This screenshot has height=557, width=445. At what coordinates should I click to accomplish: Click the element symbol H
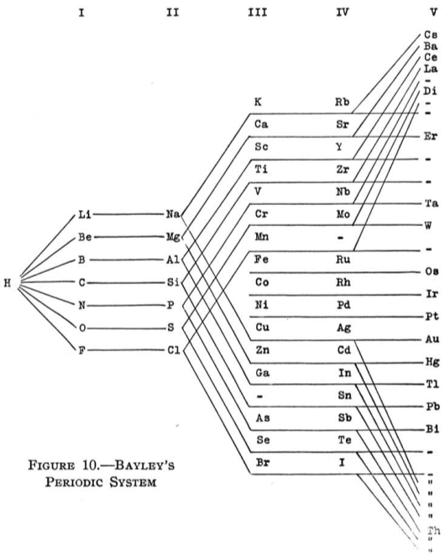tap(8, 283)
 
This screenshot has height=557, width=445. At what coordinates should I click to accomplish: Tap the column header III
tap(258, 13)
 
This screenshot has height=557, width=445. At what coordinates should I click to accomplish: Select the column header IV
tap(343, 13)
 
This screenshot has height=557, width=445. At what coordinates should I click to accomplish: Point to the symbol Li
tap(85, 214)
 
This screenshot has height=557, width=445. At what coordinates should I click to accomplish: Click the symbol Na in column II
tap(173, 214)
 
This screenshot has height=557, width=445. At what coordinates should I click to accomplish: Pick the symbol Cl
tap(174, 350)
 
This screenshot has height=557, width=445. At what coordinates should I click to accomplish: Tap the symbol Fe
tap(261, 260)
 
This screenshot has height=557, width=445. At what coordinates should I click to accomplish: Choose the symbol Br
tap(263, 463)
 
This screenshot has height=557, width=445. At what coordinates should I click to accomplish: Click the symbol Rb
tap(343, 102)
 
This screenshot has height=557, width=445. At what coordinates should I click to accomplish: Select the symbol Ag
tap(343, 328)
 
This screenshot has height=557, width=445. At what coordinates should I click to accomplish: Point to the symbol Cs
tap(431, 34)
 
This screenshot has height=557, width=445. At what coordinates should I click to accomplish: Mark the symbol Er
tap(431, 136)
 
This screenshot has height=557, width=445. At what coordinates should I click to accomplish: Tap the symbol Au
tap(432, 339)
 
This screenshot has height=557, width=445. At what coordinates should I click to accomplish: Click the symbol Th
tap(433, 531)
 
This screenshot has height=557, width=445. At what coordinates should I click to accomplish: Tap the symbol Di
tap(430, 91)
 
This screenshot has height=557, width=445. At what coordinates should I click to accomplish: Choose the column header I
tap(81, 13)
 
